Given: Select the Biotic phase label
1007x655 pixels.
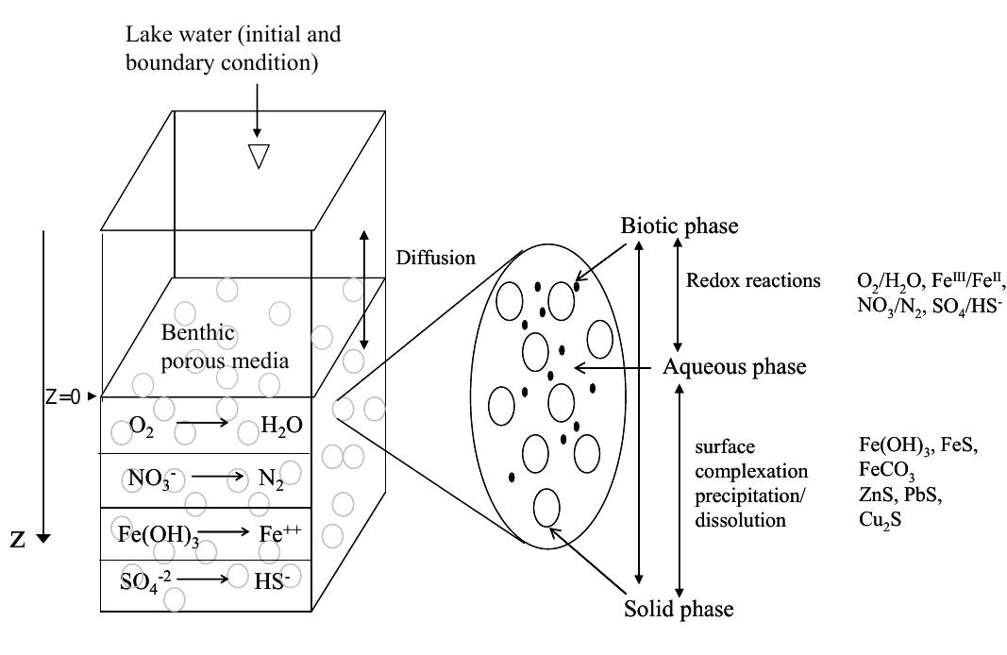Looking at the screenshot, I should (x=679, y=227).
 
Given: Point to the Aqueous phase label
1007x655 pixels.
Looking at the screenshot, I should (x=734, y=366).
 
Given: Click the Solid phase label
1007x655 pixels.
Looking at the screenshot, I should (x=678, y=609).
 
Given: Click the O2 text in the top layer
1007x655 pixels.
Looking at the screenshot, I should (x=142, y=426).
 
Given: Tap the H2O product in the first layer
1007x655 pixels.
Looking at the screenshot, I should (x=282, y=426).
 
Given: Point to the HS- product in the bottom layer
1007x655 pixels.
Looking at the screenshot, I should (x=275, y=580).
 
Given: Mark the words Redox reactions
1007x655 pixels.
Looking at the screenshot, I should (x=753, y=281).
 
